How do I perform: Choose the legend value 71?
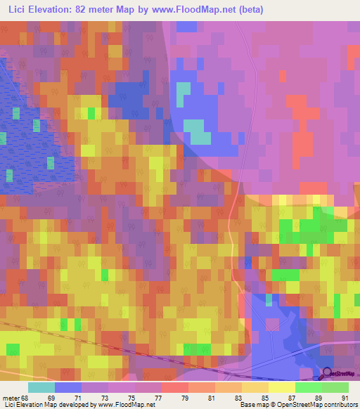coord(86,398)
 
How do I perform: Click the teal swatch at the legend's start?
coord(41,387)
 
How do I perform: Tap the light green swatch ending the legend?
coord(335,387)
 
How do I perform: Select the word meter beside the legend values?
coord(11,398)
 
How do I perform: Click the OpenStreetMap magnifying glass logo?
coord(327,375)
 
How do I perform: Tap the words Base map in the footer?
coord(253,405)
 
